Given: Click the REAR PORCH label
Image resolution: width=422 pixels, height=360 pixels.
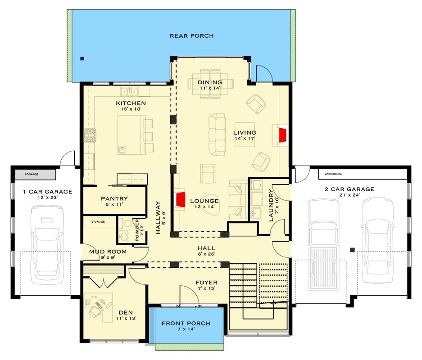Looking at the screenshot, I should pyautogui.click(x=191, y=36).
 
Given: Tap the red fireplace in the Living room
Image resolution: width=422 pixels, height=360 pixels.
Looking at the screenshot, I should pyautogui.click(x=283, y=135).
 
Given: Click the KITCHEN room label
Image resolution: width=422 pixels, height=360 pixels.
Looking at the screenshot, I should pyautogui.click(x=131, y=103).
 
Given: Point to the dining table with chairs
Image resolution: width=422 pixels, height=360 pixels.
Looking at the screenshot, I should pyautogui.click(x=210, y=82).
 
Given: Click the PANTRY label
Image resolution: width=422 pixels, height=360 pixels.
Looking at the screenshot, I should pyautogui.click(x=114, y=198).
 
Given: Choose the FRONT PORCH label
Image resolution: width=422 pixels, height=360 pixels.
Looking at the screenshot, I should pyautogui.click(x=186, y=324).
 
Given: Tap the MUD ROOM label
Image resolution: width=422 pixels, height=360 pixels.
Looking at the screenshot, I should pyautogui.click(x=108, y=252).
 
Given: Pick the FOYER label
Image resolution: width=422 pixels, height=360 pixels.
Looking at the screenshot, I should pyautogui.click(x=206, y=283).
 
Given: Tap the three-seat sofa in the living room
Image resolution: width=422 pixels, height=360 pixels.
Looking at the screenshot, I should pyautogui.click(x=218, y=134).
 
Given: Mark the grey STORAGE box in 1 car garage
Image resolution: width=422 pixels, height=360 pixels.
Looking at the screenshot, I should pyautogui.click(x=35, y=174).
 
